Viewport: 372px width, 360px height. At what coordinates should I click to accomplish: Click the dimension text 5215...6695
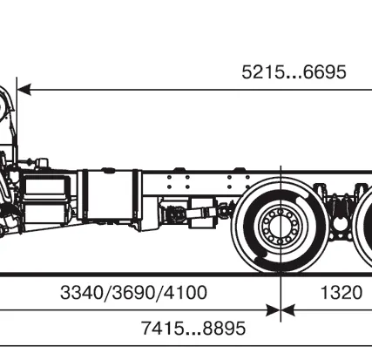294,72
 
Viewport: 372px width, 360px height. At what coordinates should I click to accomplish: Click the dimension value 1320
342,292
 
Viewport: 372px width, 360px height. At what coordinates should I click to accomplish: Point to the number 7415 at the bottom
163,329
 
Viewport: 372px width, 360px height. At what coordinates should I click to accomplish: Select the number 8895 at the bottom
224,329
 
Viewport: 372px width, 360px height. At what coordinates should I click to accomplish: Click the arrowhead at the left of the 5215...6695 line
24,90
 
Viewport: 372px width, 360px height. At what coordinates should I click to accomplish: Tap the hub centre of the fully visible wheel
281,226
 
